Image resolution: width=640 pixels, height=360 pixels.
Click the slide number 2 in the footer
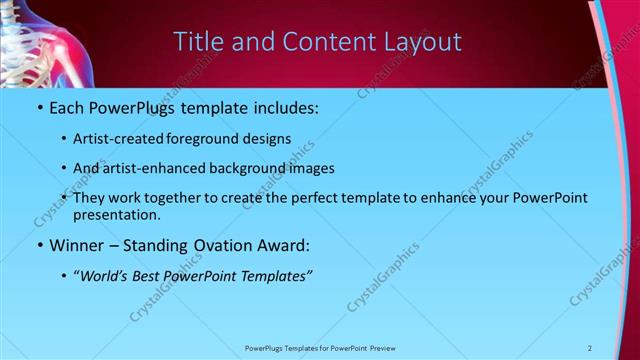tap(589, 348)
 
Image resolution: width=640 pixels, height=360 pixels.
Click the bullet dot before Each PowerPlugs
tap(39, 106)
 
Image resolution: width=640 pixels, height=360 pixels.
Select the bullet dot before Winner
tap(39, 244)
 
